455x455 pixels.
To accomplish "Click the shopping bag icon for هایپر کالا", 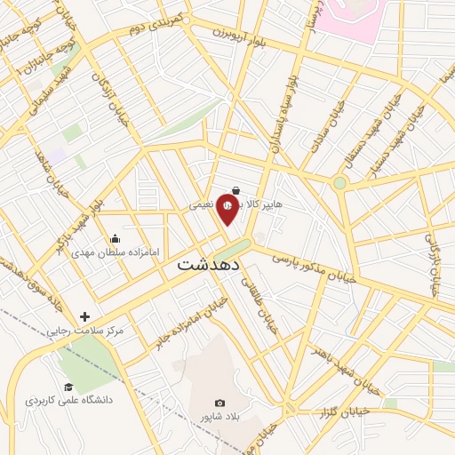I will tap(235, 189).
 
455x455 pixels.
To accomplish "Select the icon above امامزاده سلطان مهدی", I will tap(115, 238).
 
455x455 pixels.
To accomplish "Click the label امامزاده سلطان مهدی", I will tap(116, 252).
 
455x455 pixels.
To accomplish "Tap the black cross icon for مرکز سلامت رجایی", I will tap(84, 316).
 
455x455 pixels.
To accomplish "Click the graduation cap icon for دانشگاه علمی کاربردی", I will tap(68, 387).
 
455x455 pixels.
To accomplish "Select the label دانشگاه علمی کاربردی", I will tap(70, 401).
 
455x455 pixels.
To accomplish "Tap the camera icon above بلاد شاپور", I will tap(220, 403).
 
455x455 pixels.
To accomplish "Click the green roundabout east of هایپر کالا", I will tap(339, 183).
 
